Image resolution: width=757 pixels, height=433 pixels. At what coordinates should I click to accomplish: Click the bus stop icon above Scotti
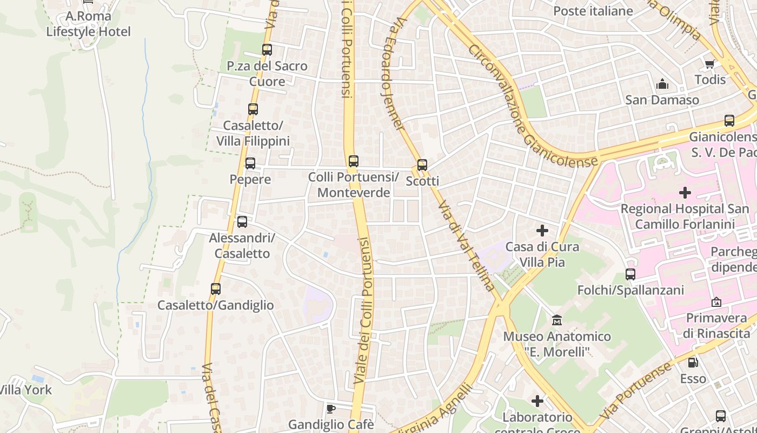[422, 165]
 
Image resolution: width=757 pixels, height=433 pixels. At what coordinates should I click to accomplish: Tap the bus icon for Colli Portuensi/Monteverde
[354, 161]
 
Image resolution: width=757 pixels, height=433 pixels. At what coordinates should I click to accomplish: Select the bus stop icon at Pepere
[250, 163]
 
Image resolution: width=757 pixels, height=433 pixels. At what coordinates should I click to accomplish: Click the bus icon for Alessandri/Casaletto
[242, 222]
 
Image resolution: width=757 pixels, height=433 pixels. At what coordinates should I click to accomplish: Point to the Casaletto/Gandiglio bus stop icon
[216, 289]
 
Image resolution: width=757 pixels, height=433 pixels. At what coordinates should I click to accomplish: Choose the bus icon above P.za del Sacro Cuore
[267, 50]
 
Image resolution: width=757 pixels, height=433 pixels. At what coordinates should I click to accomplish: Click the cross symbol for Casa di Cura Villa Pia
[542, 231]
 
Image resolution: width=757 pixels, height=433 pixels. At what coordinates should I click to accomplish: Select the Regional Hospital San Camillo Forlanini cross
[685, 192]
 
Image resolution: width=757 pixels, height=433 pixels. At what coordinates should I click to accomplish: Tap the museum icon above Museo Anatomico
[557, 320]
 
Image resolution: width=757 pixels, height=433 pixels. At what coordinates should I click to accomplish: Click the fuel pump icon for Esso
[693, 363]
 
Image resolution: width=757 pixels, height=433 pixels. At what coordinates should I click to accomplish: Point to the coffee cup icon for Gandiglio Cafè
[331, 409]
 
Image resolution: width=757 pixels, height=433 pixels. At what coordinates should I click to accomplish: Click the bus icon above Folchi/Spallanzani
[630, 274]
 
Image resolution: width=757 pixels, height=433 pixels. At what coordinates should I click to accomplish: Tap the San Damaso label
[662, 100]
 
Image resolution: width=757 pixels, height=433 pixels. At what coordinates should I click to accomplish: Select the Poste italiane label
[593, 11]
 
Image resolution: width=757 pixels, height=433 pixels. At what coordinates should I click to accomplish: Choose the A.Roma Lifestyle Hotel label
[88, 24]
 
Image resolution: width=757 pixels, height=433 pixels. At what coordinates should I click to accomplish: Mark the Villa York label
[25, 390]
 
